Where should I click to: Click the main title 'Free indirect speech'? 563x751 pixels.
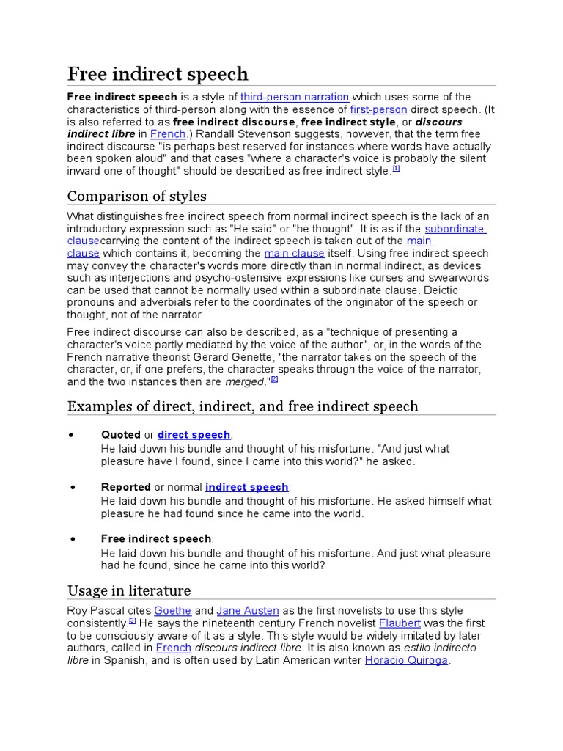click(158, 74)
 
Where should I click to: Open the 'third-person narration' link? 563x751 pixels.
click(295, 97)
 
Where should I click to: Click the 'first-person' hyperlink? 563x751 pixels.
click(378, 109)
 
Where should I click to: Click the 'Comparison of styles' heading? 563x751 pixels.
click(137, 196)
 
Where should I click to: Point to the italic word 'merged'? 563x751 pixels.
click(245, 381)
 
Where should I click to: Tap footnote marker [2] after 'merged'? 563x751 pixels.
click(274, 379)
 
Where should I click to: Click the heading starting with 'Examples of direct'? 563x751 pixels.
click(243, 406)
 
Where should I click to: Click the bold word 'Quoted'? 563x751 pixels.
click(121, 435)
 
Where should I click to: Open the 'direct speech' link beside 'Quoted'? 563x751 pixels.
click(194, 435)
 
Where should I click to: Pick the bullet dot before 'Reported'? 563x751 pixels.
click(73, 488)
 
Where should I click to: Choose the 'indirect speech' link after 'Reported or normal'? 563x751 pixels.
click(247, 488)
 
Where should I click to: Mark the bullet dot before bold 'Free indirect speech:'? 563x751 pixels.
click(73, 539)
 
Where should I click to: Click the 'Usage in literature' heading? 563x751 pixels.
click(129, 590)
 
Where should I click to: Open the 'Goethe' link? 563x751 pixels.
click(173, 611)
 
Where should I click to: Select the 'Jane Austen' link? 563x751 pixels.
click(248, 611)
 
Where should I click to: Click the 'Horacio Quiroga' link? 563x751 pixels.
click(407, 661)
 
